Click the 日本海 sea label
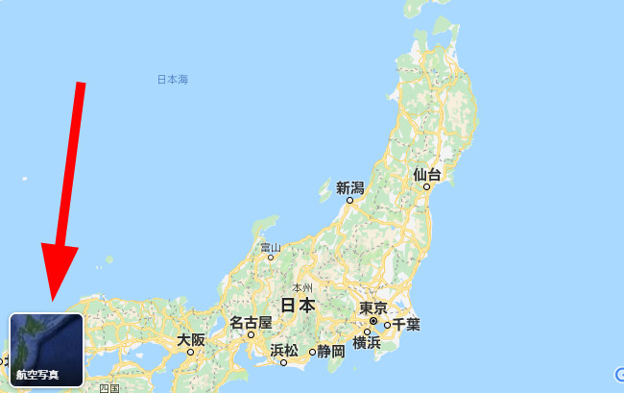[x=173, y=80]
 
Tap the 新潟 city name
[x=350, y=186]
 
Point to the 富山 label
[x=271, y=246]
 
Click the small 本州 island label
[x=302, y=287]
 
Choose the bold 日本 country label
[x=298, y=306]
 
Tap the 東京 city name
[x=372, y=307]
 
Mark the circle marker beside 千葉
[x=387, y=325]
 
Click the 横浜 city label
[x=367, y=343]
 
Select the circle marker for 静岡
[x=312, y=352]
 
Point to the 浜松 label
[x=284, y=350]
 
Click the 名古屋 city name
[x=251, y=322]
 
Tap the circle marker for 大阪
[x=191, y=353]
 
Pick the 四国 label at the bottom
[x=108, y=387]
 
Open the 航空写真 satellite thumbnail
[x=45, y=349]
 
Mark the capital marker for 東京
[x=373, y=321]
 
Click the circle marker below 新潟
[x=350, y=201]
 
